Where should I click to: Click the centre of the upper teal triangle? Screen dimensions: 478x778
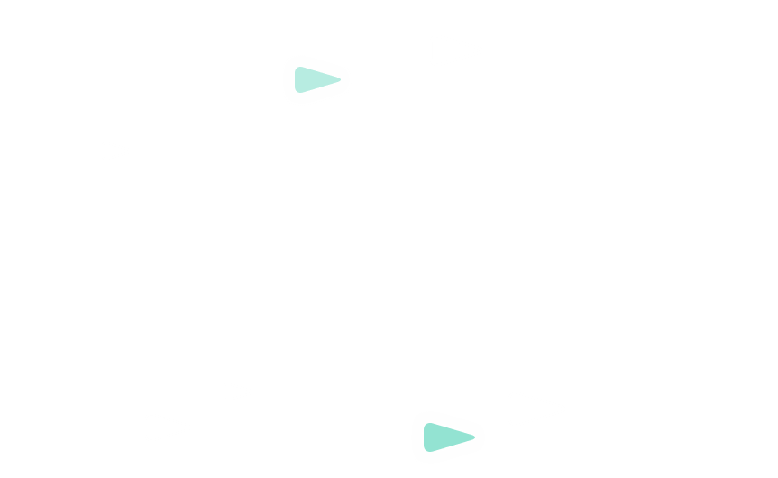coord(314,79)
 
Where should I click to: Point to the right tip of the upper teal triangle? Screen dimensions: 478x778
coord(340,80)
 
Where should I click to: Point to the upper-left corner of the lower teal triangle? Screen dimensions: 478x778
coord(426,425)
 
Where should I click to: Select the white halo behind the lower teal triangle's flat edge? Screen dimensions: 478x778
coord(418,437)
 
